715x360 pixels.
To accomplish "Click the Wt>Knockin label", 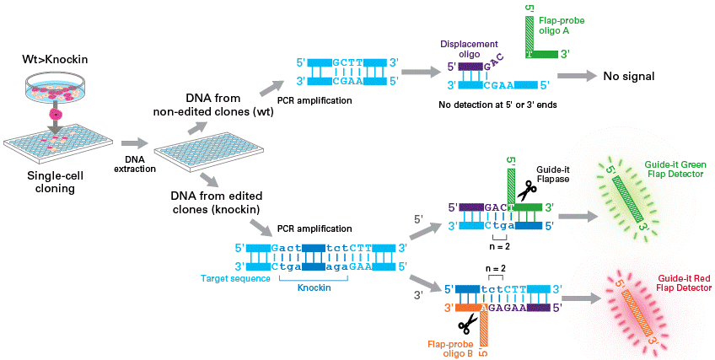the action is (x=55, y=59).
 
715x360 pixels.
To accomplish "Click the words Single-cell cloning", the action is (x=55, y=182).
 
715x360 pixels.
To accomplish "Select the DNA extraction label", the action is (x=135, y=164).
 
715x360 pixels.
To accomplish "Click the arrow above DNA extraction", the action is (x=135, y=143).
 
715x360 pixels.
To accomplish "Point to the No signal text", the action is (x=629, y=76).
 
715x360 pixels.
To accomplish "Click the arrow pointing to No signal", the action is (x=577, y=76).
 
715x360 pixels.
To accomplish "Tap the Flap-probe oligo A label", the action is (x=562, y=25).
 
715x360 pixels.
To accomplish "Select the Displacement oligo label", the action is (x=469, y=49).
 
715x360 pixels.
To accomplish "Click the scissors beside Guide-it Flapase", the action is (x=527, y=191).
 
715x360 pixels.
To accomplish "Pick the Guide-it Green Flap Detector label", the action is (x=675, y=169).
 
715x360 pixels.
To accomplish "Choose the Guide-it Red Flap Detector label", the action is (x=685, y=283).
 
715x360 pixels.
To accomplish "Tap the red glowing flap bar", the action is (x=636, y=314).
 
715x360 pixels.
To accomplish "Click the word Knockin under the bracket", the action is (x=314, y=288).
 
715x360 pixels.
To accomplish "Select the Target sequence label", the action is (x=236, y=278).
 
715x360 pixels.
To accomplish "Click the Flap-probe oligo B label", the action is (x=450, y=349).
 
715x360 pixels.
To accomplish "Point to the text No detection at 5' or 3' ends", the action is (x=497, y=105).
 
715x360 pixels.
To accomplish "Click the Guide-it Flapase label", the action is (x=552, y=174).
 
